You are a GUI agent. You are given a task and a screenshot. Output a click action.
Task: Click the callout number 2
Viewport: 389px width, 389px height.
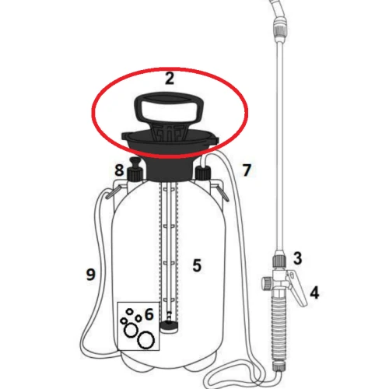click(170, 78)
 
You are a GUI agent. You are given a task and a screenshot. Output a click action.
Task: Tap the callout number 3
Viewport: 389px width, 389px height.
click(297, 258)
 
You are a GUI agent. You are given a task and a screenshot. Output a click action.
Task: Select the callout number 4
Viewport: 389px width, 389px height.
click(314, 293)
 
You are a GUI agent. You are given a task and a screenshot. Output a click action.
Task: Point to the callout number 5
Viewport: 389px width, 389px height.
click(197, 265)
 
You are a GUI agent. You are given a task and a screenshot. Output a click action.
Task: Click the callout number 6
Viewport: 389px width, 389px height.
click(149, 314)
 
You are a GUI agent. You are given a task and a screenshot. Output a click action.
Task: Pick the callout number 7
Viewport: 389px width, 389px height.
click(247, 170)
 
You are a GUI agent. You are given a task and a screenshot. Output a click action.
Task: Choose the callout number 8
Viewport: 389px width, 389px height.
click(119, 170)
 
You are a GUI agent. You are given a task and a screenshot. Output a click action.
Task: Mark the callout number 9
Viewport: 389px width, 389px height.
click(91, 274)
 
